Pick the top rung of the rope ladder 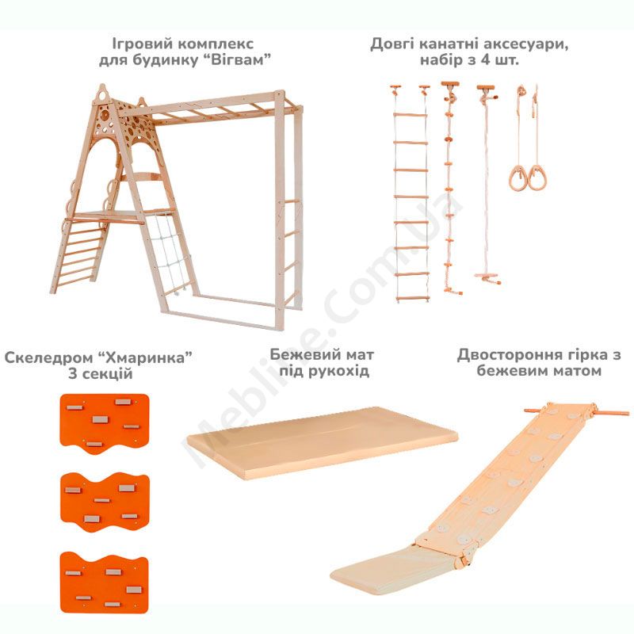410,115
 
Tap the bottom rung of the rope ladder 412,300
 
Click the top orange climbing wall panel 105,423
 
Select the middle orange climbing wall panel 105,502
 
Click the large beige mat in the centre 323,442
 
